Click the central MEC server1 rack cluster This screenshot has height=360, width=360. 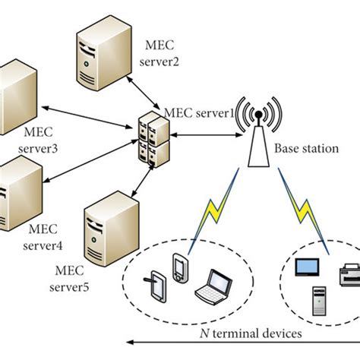(x=152, y=137)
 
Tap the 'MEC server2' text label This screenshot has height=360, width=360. (x=162, y=54)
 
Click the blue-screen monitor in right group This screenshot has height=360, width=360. (x=308, y=267)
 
